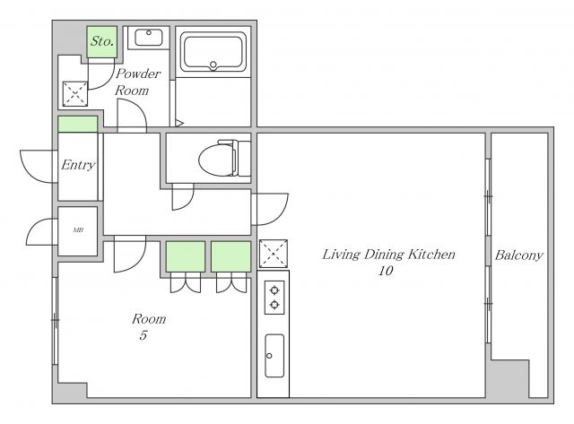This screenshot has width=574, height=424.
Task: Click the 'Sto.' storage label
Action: (x=102, y=41)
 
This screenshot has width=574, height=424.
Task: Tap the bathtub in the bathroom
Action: (x=213, y=52)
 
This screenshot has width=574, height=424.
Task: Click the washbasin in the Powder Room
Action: (x=149, y=38)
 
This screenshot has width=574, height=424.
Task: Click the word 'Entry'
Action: (x=78, y=165)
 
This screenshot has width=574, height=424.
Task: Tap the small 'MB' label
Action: (x=78, y=230)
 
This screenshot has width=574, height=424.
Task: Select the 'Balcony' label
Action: (x=518, y=255)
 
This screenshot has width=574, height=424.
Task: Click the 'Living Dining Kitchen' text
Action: (x=388, y=255)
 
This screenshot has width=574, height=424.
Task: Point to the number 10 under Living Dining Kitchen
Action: (x=386, y=271)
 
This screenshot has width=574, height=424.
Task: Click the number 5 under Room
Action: (x=143, y=335)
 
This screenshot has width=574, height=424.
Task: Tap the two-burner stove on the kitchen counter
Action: (x=274, y=298)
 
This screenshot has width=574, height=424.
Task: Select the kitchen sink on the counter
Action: (x=274, y=356)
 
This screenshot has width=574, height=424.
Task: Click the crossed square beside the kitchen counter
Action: (x=273, y=254)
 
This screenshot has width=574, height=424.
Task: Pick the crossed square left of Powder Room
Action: (x=75, y=94)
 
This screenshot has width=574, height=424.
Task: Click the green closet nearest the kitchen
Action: (x=231, y=256)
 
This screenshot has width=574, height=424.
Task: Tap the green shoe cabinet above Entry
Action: (x=78, y=125)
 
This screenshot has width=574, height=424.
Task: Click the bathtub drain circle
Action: (x=213, y=65)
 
